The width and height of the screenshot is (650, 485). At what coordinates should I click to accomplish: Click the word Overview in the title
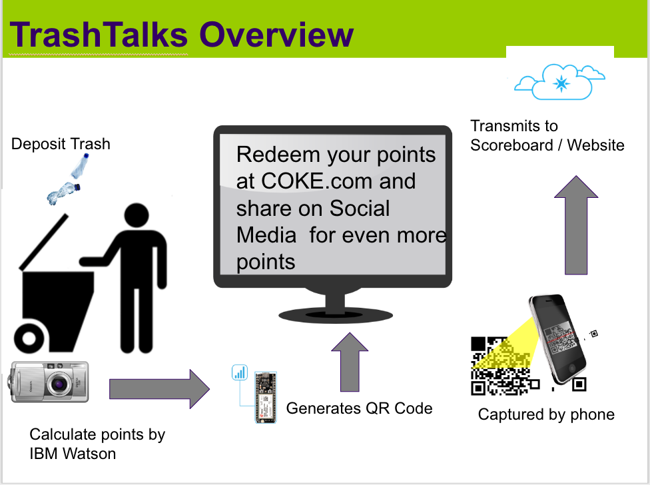click(x=276, y=35)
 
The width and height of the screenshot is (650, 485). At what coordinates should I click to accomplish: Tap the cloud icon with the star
click(x=559, y=82)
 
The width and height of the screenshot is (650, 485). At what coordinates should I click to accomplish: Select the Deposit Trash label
click(x=61, y=144)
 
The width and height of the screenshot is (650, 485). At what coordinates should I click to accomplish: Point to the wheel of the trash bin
click(x=29, y=338)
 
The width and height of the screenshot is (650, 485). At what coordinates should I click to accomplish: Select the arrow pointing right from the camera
click(x=160, y=389)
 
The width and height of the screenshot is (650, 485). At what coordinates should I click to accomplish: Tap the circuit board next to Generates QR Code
click(x=265, y=397)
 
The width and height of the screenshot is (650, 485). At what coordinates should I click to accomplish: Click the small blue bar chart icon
click(x=240, y=372)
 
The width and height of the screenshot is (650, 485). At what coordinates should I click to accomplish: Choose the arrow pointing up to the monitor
click(x=350, y=362)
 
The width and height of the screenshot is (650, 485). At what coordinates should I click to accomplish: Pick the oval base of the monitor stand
click(x=336, y=316)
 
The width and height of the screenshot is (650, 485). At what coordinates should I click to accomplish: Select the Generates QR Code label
click(x=359, y=408)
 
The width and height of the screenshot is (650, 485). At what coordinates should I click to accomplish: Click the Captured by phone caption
click(x=546, y=414)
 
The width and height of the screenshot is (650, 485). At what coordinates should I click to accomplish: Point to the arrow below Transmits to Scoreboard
click(x=576, y=225)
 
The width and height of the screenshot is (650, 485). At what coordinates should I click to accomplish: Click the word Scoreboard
click(x=511, y=145)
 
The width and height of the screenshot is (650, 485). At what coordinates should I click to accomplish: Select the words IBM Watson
click(x=73, y=454)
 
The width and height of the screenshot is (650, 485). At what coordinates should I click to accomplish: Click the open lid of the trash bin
click(x=43, y=242)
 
